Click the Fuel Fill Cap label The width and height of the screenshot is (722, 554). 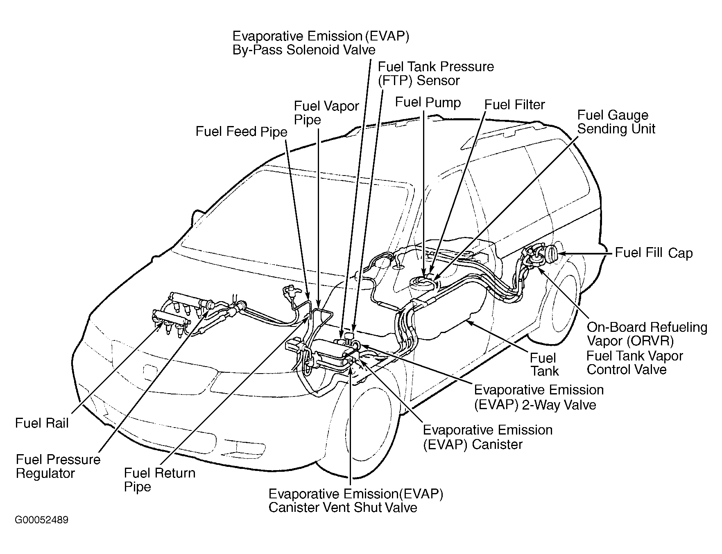(x=653, y=253)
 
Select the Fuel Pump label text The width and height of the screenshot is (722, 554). (x=428, y=102)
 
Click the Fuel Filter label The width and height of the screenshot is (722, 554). (x=514, y=105)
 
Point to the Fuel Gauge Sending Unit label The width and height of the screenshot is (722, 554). (x=616, y=122)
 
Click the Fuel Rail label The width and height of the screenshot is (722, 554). (x=42, y=423)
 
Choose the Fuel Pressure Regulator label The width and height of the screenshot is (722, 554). (x=58, y=466)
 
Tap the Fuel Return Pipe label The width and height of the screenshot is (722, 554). (x=159, y=480)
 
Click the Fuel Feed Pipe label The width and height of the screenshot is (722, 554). (x=241, y=131)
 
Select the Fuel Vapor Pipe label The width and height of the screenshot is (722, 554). (x=326, y=113)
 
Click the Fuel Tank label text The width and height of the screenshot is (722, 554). (x=544, y=364)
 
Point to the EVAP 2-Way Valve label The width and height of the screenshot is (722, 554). (x=538, y=397)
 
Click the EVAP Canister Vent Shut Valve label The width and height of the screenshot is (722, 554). (x=355, y=500)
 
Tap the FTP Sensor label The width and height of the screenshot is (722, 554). (x=435, y=73)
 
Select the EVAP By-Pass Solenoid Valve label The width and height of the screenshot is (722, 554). (x=321, y=43)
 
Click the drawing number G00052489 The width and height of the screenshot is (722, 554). (x=42, y=520)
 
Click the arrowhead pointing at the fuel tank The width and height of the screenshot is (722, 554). (x=468, y=322)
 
